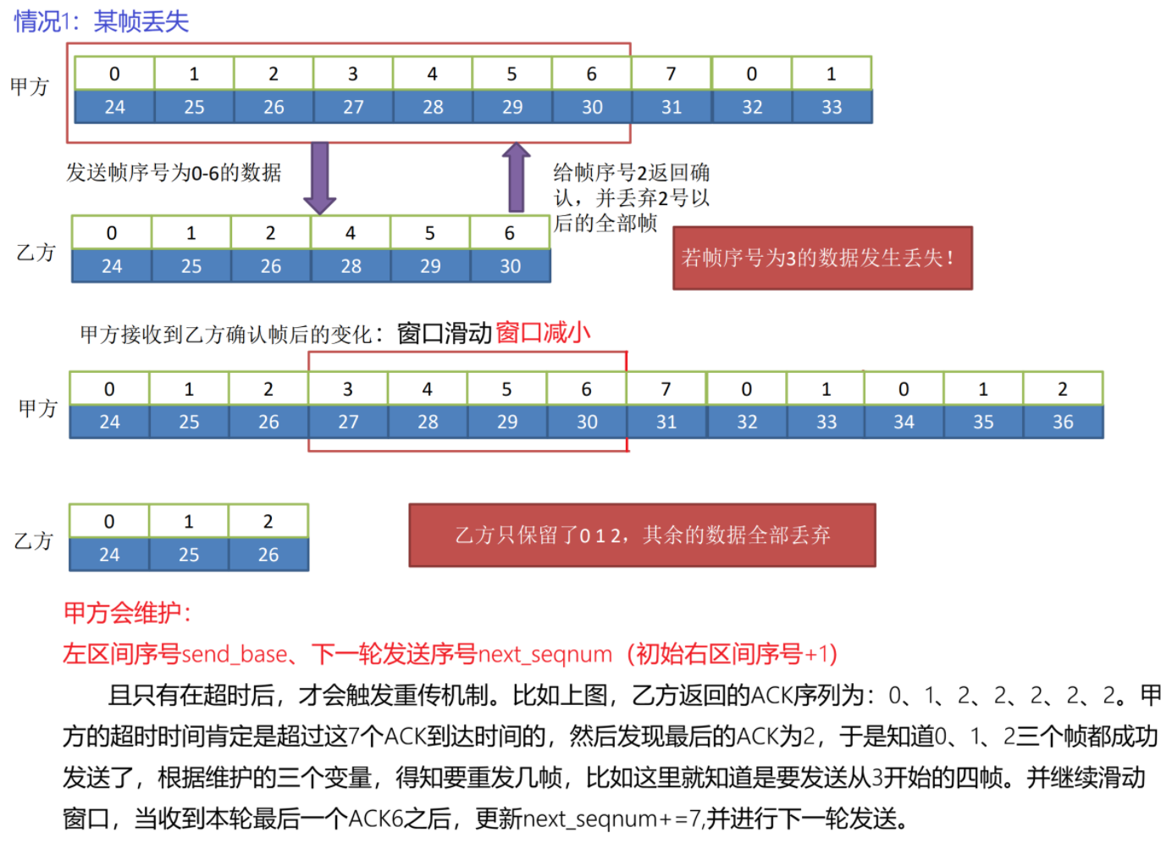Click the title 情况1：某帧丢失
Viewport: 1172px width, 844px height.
102,21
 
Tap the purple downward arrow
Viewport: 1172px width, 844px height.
319,178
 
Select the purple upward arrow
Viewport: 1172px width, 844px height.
516,178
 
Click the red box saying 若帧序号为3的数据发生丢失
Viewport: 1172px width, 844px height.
821,258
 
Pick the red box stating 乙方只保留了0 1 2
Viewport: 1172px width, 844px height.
642,535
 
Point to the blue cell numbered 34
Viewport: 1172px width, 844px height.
904,421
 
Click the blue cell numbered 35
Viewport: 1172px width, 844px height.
983,421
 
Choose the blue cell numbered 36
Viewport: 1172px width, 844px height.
1063,421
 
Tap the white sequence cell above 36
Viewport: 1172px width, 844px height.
1063,389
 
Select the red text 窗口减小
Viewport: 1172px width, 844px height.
543,333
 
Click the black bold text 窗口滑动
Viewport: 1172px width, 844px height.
445,333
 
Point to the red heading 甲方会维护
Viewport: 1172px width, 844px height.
128,613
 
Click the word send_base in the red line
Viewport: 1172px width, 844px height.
235,654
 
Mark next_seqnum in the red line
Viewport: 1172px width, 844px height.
545,654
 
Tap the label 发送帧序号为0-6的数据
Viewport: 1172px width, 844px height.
174,173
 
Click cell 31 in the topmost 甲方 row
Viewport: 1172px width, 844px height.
672,107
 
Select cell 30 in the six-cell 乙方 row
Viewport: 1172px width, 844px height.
510,266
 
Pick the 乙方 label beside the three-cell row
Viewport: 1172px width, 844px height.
34,540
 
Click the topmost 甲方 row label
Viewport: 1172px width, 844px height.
30,86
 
